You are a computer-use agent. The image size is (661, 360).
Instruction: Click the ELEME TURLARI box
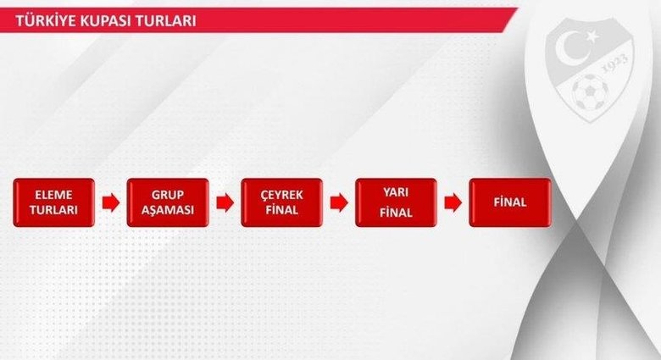click(x=53, y=202)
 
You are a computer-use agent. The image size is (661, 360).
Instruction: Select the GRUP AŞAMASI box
click(x=167, y=202)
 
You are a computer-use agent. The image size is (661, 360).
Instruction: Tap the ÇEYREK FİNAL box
click(x=281, y=202)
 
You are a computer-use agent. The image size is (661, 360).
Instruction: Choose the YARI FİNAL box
click(x=396, y=202)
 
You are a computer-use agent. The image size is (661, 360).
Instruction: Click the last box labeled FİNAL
click(x=509, y=202)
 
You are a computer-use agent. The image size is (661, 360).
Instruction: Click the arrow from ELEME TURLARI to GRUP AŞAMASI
click(x=110, y=202)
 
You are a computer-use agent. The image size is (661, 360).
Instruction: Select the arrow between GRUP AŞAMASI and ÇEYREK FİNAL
click(x=225, y=202)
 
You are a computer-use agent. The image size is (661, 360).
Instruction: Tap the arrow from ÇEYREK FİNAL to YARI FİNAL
click(x=339, y=202)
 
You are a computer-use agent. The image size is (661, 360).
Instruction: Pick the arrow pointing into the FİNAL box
click(x=453, y=202)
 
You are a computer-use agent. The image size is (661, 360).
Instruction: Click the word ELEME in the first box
click(x=53, y=194)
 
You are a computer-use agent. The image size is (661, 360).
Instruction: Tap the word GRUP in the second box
click(x=167, y=194)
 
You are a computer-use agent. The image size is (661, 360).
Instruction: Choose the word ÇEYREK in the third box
click(x=281, y=194)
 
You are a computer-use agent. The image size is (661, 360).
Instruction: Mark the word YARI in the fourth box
click(x=396, y=192)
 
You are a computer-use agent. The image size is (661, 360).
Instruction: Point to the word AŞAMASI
click(x=167, y=211)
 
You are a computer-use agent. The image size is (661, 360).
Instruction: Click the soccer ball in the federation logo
click(x=587, y=91)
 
